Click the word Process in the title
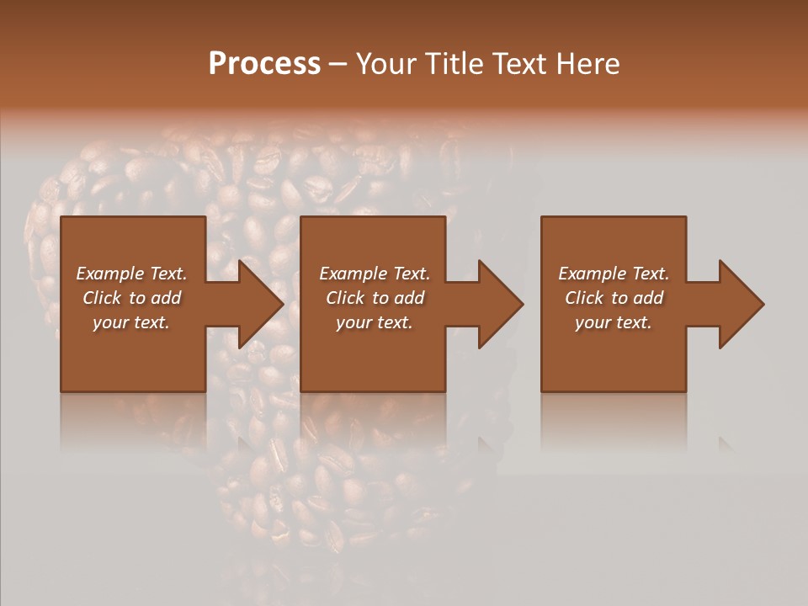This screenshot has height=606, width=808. click(264, 64)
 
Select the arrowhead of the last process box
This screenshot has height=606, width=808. click(740, 304)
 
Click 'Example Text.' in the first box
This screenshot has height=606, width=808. click(131, 274)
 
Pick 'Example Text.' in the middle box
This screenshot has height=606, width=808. click(375, 274)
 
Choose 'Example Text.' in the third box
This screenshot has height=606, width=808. click(614, 274)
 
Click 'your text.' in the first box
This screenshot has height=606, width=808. click(131, 322)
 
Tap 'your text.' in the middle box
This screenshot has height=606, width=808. click(375, 322)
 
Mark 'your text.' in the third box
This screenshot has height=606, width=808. click(614, 322)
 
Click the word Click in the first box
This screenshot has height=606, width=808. click(102, 298)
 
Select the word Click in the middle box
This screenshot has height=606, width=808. click(345, 298)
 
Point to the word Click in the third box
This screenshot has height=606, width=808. click(584, 298)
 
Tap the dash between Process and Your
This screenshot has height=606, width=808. click(338, 64)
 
